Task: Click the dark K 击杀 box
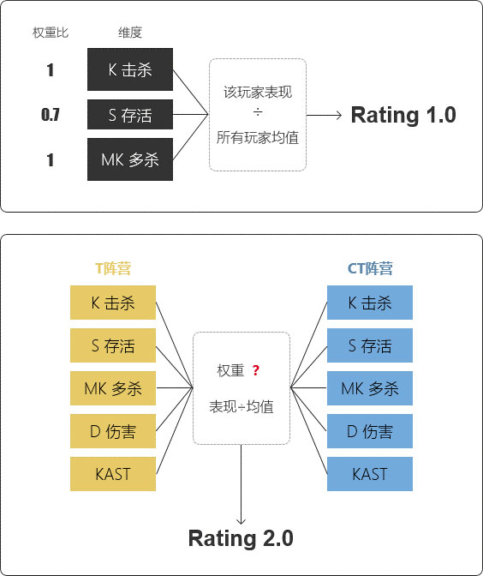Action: click(x=130, y=70)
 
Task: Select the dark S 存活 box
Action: click(x=130, y=115)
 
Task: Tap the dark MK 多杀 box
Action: click(x=130, y=159)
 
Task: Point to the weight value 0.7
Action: click(x=51, y=115)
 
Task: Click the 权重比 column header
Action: click(x=51, y=33)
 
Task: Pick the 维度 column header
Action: click(x=129, y=33)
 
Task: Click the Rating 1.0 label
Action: click(x=403, y=116)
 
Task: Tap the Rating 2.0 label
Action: click(x=241, y=538)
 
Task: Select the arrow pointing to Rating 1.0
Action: click(x=325, y=115)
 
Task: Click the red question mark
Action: click(x=256, y=370)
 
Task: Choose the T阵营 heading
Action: click(x=112, y=268)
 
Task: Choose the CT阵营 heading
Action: click(x=370, y=268)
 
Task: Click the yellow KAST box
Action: click(x=113, y=474)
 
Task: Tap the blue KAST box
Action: click(x=370, y=474)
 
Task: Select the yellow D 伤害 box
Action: click(x=113, y=431)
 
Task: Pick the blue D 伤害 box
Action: click(x=370, y=431)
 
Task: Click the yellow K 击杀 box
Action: click(x=113, y=303)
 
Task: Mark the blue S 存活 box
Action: click(x=370, y=345)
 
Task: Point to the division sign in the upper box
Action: click(x=257, y=115)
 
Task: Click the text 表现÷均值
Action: click(x=241, y=407)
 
